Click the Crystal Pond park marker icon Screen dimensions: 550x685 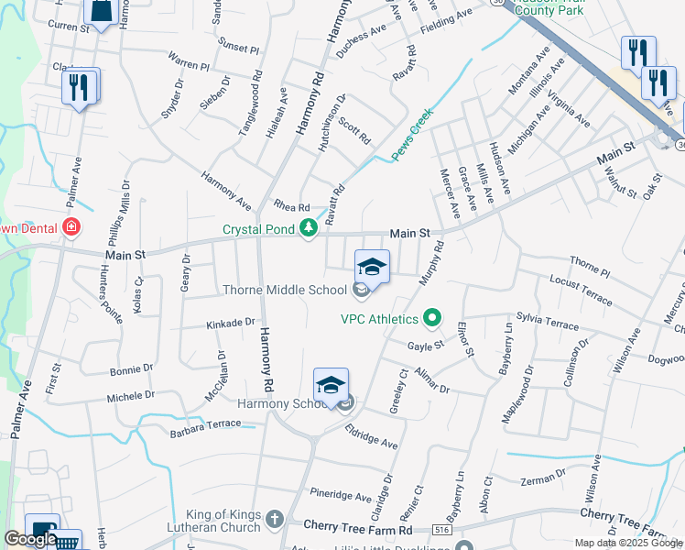pos(310,228)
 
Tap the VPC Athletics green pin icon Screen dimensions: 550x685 pos(433,319)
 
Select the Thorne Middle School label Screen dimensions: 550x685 pos(285,291)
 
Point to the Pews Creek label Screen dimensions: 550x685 pos(412,137)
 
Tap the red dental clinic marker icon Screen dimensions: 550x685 pos(71,227)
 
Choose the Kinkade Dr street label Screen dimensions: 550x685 pos(230,323)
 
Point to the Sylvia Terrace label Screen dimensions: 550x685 pos(548,321)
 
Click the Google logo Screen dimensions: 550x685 pos(29,539)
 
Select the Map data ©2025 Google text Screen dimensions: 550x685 pos(628,543)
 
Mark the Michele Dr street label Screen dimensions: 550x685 pos(131,396)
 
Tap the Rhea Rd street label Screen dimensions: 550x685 pos(292,206)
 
